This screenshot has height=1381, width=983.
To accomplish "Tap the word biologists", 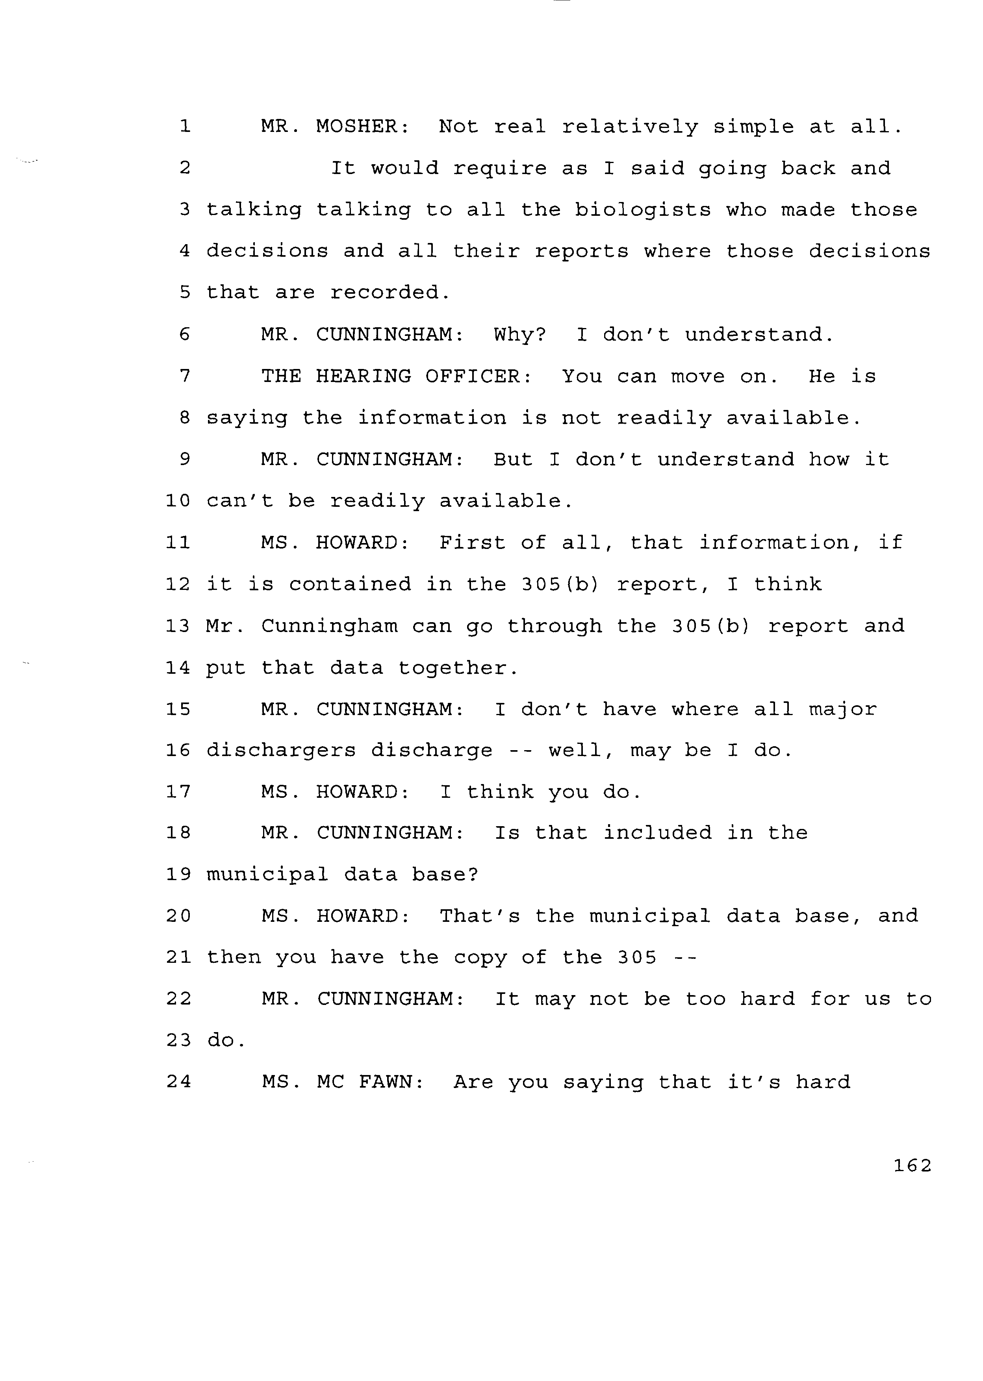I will (643, 209).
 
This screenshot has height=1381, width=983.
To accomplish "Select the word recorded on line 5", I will (390, 293).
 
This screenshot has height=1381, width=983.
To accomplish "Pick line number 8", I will (185, 418).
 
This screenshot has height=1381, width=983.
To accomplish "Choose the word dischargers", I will (282, 751).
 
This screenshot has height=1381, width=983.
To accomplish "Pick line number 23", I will (178, 1040).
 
